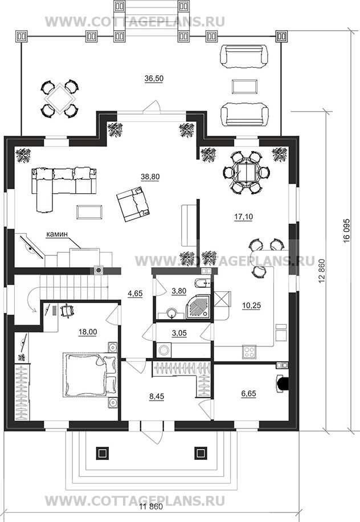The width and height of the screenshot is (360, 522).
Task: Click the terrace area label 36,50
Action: coord(154,79)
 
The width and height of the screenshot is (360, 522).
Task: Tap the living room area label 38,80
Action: coord(150,177)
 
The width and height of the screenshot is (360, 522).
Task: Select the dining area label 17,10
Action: coord(244,217)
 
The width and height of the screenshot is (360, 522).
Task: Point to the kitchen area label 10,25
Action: coord(252,305)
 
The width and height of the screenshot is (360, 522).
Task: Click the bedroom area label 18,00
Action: coord(88,332)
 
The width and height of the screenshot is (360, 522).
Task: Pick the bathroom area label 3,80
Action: coord(179,291)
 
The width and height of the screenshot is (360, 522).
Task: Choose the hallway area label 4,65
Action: coord(135,293)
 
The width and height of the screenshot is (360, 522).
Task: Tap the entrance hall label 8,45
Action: coord(157,397)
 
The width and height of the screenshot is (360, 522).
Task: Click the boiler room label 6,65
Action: coord(248,394)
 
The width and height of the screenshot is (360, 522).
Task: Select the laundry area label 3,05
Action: coord(179,333)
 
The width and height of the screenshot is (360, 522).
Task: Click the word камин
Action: coord(56,234)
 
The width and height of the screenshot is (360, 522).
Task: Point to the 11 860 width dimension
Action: coord(151,507)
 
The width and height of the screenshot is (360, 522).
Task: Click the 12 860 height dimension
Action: coord(321,271)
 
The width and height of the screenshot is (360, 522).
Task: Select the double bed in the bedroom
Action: coord(90,375)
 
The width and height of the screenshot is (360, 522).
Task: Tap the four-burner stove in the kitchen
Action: coord(249,352)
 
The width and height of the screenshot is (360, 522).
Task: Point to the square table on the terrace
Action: coord(60,99)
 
